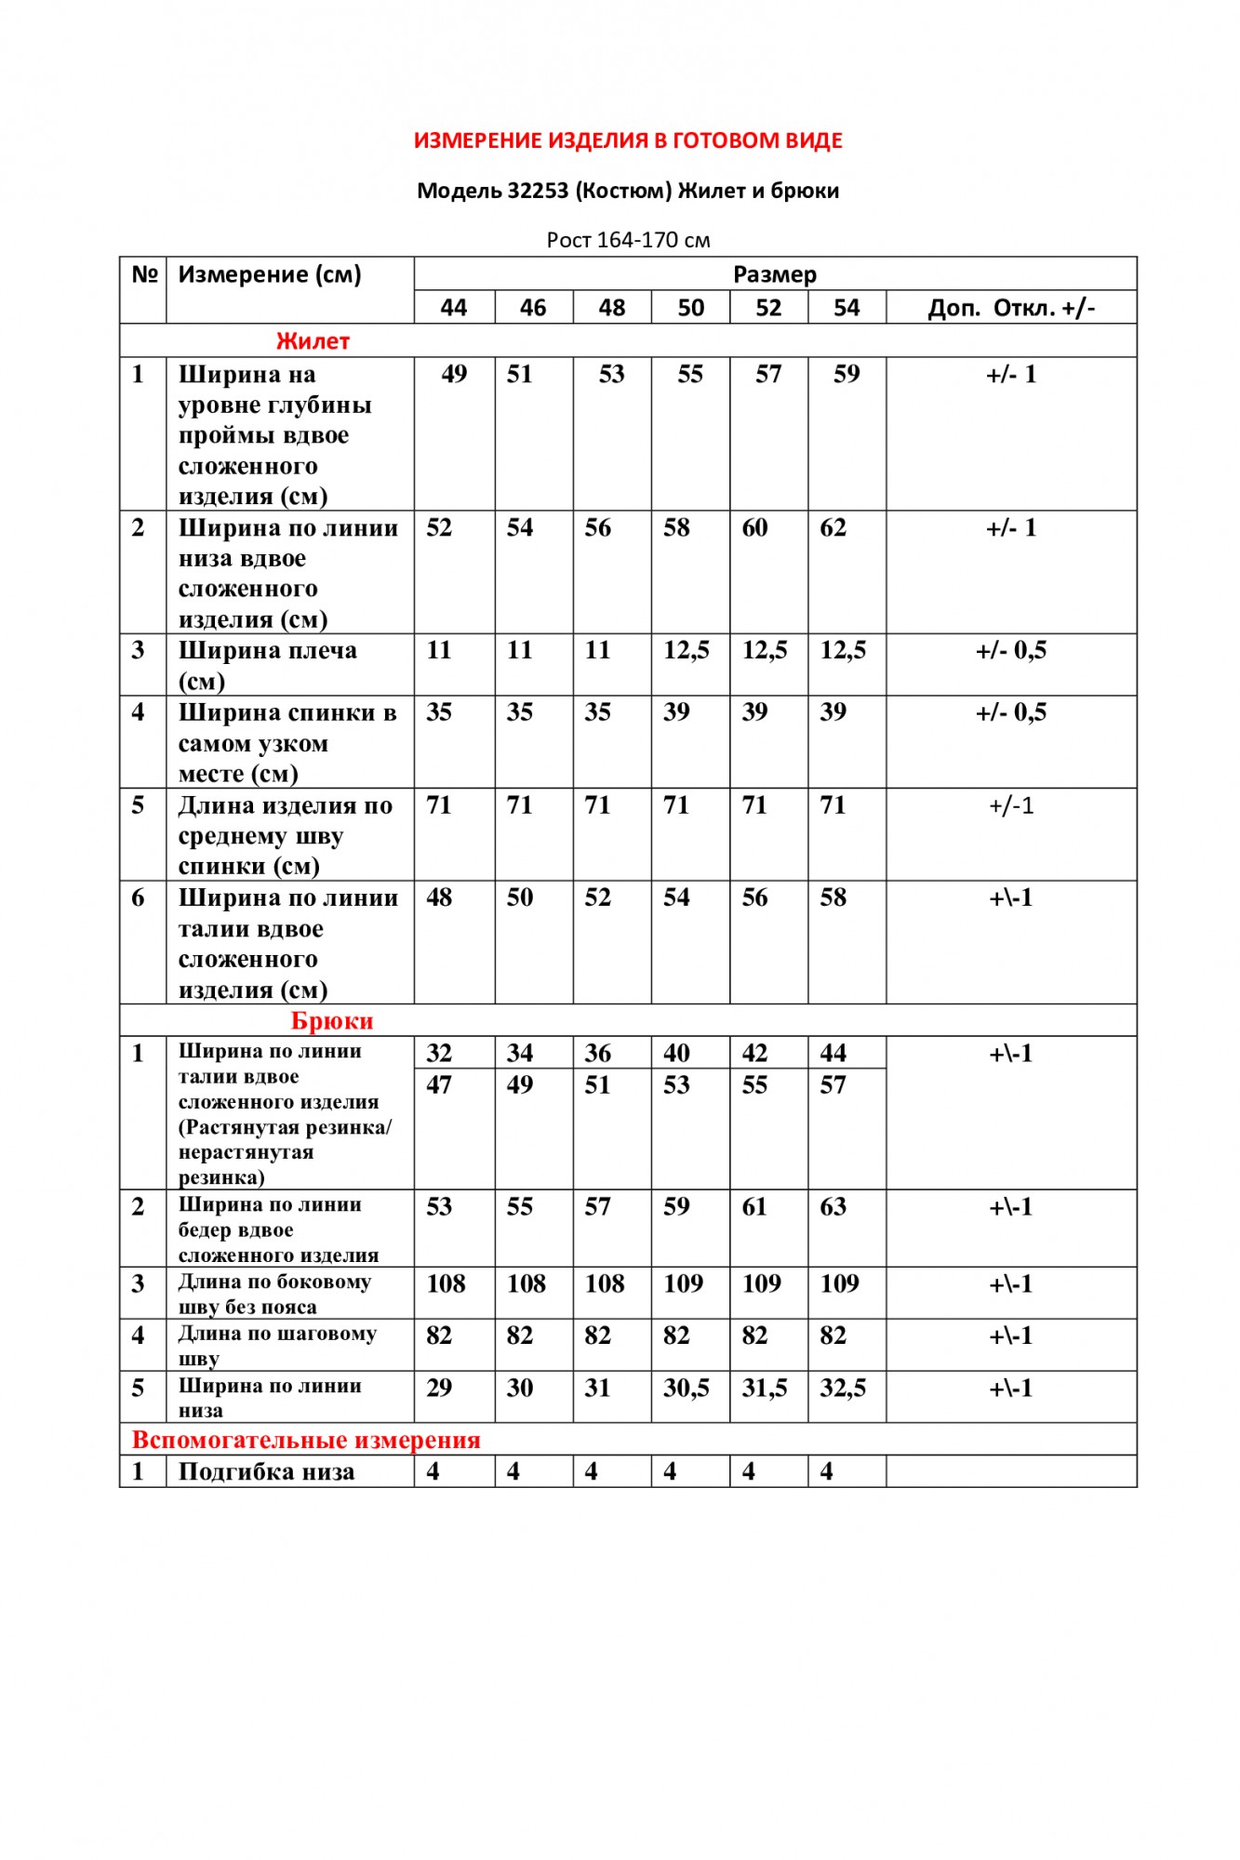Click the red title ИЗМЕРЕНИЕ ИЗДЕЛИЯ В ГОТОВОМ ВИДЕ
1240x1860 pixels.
pos(628,140)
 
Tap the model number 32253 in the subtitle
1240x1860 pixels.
pos(538,191)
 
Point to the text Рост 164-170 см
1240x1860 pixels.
pos(628,240)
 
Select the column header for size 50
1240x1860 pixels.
pos(690,308)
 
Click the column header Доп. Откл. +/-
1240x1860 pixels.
pos(1011,308)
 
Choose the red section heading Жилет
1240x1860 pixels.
pos(313,341)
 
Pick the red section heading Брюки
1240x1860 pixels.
pos(332,1020)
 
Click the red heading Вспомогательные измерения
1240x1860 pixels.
pos(306,1440)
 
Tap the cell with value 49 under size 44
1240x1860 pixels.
pos(454,374)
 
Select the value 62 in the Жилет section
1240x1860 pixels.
pos(833,528)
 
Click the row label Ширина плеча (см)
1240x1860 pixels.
pos(267,665)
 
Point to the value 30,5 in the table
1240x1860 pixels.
pos(687,1388)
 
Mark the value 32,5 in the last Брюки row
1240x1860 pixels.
pos(843,1388)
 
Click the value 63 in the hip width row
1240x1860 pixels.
pos(833,1207)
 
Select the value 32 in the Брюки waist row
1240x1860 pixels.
pos(439,1053)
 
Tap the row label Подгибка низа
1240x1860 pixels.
pos(266,1472)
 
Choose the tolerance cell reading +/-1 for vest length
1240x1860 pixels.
pos(1011,805)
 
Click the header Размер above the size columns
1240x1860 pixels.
pos(775,274)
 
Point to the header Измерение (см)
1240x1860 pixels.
pos(270,274)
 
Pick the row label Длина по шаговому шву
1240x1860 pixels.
pos(277,1345)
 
